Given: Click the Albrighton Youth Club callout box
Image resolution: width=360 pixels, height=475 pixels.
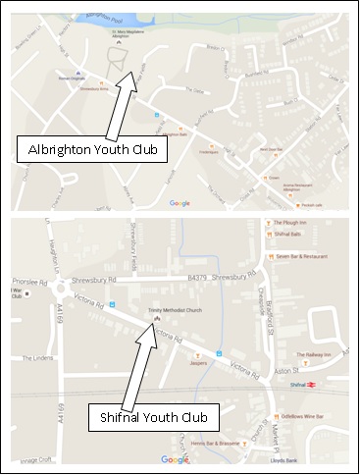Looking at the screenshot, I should coord(92,150).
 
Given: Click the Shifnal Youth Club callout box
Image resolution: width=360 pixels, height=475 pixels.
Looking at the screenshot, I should coord(153,418).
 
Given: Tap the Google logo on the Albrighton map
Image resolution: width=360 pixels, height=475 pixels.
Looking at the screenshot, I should coord(179,203).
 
